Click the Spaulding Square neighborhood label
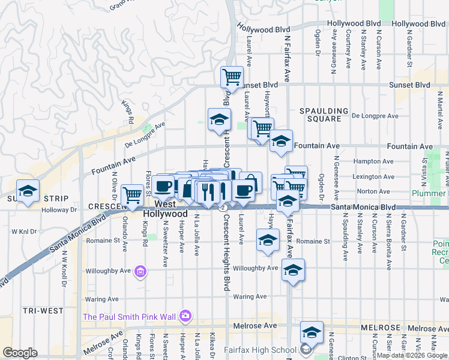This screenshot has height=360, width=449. point(324,115)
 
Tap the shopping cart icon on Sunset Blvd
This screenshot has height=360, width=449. point(232,77)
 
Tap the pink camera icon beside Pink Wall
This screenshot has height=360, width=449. point(185,316)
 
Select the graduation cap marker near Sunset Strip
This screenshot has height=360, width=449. point(28,190)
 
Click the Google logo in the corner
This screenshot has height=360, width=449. point(20,353)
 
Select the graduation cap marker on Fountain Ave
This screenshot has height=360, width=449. point(280,141)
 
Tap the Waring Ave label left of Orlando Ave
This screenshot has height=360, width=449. point(102,299)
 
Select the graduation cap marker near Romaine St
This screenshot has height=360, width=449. point(268,239)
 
